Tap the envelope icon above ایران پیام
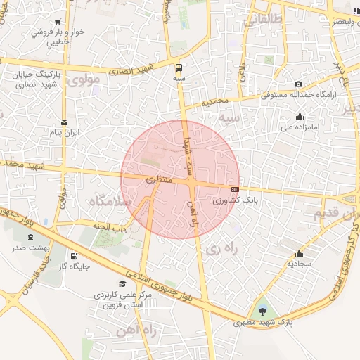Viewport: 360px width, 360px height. click(x=65, y=122)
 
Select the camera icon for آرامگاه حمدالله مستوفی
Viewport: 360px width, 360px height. click(x=299, y=84)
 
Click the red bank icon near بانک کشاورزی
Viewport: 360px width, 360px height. click(x=235, y=189)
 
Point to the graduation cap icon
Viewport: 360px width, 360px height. click(x=123, y=284)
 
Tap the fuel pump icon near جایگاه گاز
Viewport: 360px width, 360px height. click(x=74, y=255)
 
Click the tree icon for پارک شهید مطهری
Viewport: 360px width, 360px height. click(x=263, y=311)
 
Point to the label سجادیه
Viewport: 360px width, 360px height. click(x=300, y=264)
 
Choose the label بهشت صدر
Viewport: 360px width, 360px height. click(x=28, y=248)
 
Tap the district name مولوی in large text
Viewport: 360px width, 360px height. click(x=85, y=80)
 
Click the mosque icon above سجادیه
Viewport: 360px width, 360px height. click(x=300, y=254)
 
